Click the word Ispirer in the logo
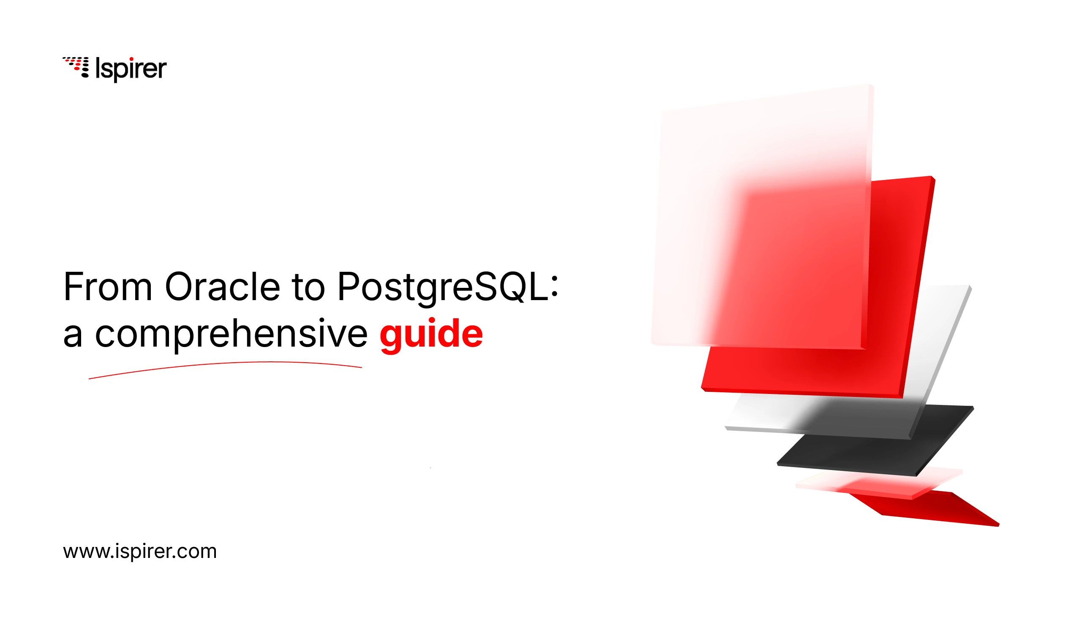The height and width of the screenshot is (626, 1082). point(131,69)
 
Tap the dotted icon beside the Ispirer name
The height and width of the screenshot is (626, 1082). point(76,67)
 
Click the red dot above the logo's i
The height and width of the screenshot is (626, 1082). point(131,59)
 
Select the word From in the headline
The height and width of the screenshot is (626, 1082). point(108,287)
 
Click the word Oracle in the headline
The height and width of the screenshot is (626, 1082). point(222,287)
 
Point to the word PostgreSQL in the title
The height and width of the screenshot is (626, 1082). point(443,289)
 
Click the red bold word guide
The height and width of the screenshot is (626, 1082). point(431,336)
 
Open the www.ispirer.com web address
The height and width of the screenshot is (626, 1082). point(140,552)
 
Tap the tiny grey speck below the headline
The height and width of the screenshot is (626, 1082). point(430,467)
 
